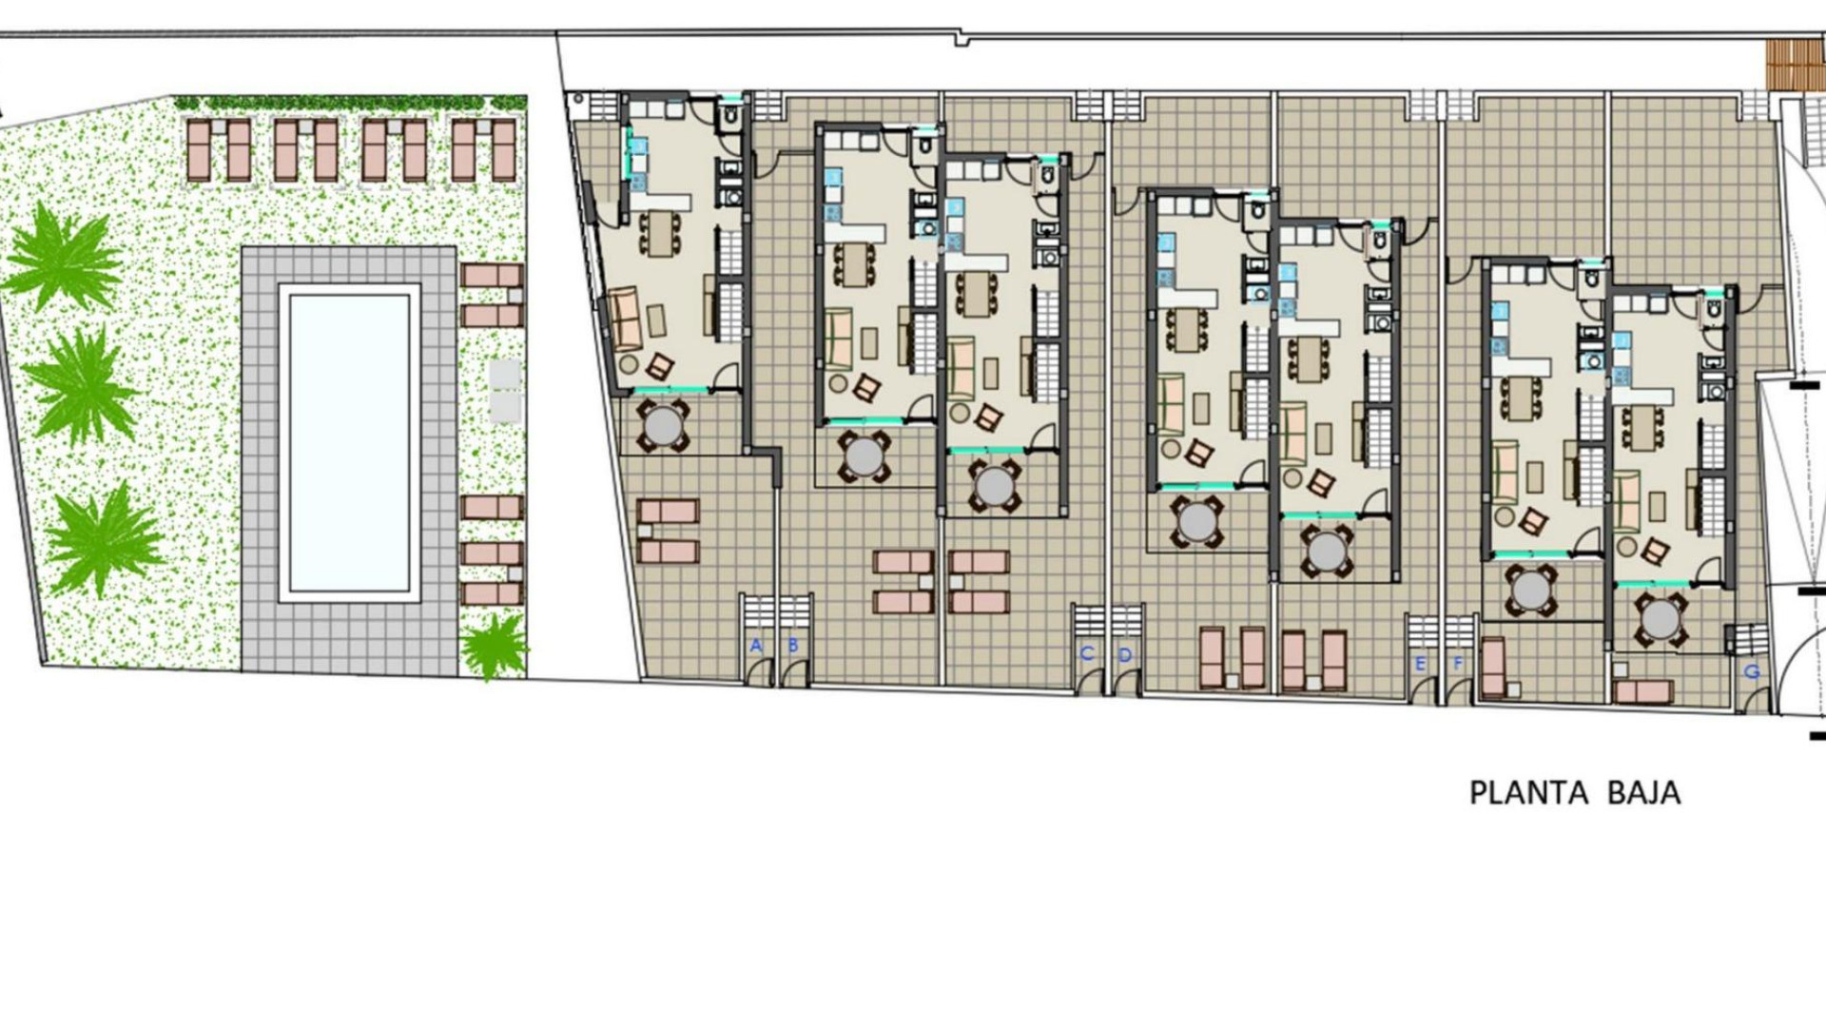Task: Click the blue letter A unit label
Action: [756, 646]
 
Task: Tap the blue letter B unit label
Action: [793, 646]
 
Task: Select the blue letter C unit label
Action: [1087, 653]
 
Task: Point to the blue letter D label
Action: [1125, 654]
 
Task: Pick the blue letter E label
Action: [1421, 664]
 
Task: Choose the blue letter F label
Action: [1458, 664]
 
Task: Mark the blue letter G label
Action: [1752, 671]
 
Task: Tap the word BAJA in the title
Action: [1643, 793]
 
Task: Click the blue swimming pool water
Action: [349, 442]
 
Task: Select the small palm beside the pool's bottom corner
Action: [494, 646]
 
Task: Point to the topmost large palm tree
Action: [64, 257]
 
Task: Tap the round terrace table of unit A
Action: [664, 426]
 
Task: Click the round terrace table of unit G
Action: [1661, 619]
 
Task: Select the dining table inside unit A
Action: [659, 233]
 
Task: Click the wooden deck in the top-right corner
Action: [1796, 65]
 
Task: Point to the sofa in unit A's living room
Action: [625, 319]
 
